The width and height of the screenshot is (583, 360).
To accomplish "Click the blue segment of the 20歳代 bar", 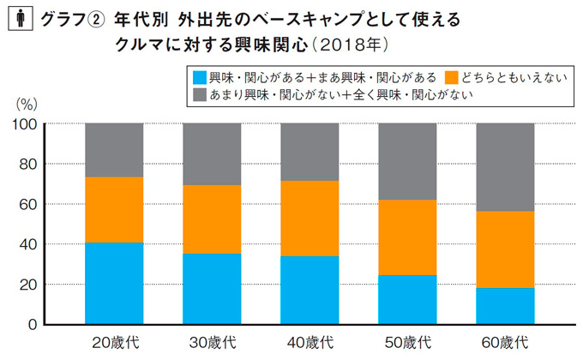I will [114, 284].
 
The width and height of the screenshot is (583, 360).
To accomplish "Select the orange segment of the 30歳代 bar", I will [212, 219].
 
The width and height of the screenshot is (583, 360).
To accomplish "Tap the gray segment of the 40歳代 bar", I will [310, 152].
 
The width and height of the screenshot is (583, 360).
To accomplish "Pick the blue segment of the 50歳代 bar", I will [406, 300].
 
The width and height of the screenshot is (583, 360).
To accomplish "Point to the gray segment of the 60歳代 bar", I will [504, 167].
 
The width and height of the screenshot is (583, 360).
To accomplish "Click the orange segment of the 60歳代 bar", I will [504, 249].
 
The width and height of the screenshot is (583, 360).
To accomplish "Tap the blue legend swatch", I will [201, 75].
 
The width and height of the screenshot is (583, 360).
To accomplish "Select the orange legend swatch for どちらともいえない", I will [455, 75].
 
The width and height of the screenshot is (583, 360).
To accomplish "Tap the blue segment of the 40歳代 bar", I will [310, 291].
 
